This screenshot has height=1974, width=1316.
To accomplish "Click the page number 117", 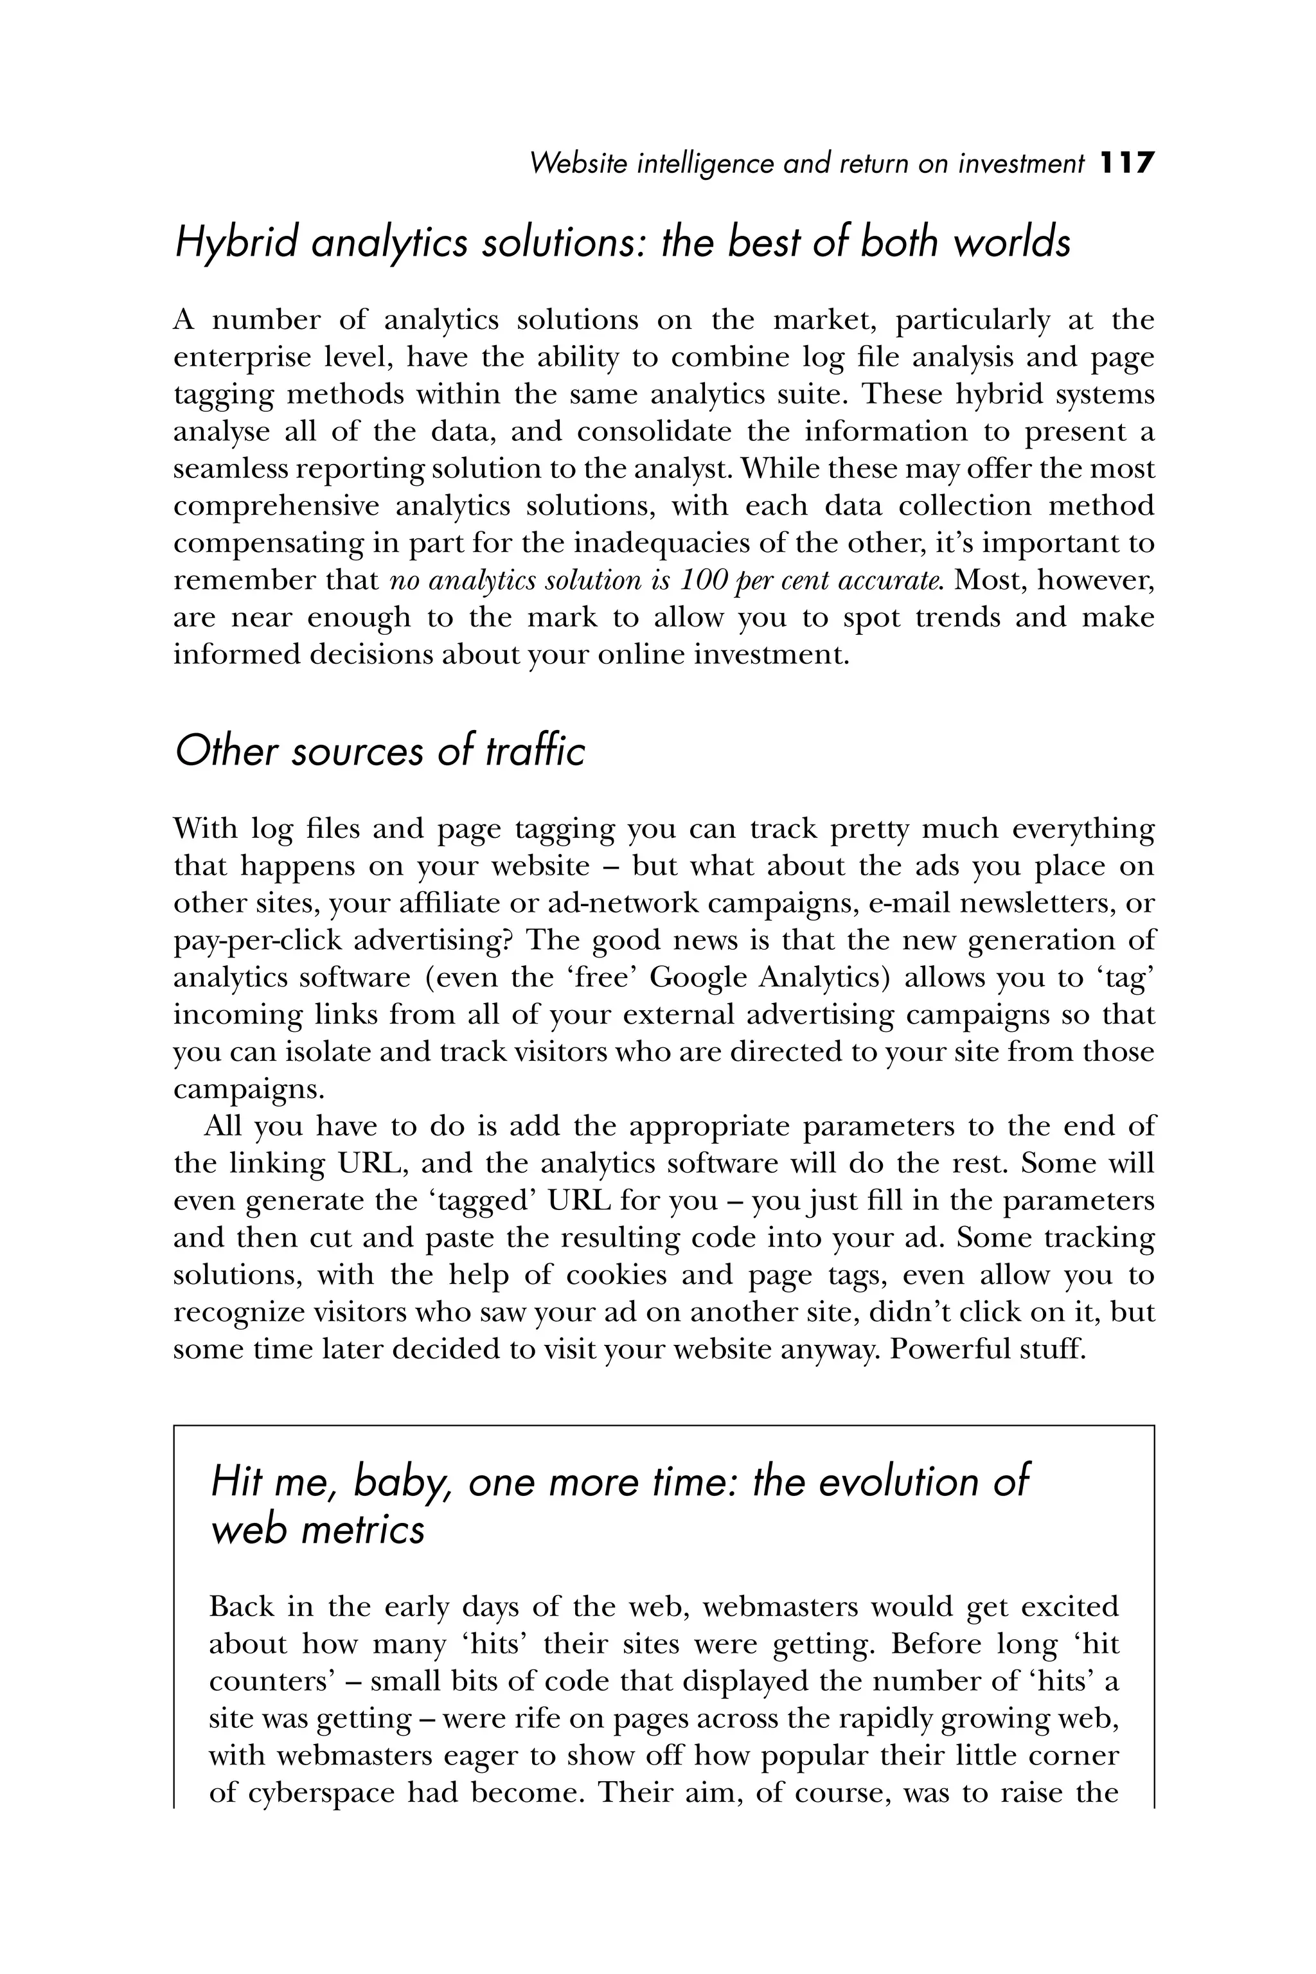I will (x=1127, y=163).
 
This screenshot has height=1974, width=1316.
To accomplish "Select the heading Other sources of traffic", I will (x=379, y=751).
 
